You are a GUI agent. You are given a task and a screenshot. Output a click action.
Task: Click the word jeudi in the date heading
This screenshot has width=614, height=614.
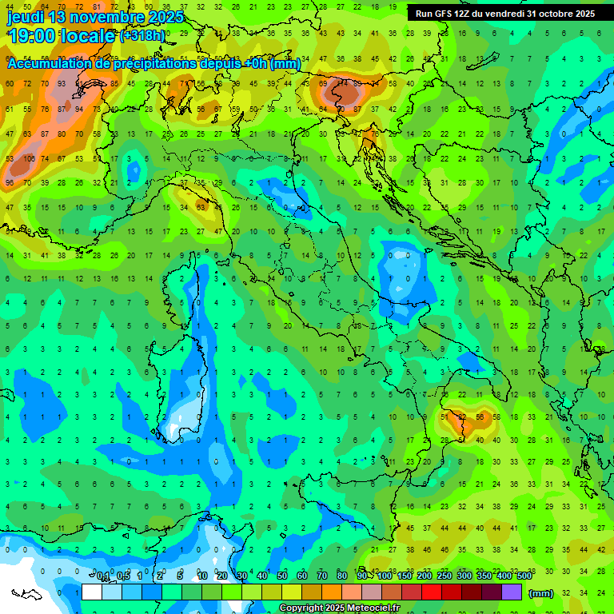(26, 17)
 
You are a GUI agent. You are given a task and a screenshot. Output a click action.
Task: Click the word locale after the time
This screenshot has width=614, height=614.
(90, 35)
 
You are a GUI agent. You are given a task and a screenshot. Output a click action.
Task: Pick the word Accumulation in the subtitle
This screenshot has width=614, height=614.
(49, 64)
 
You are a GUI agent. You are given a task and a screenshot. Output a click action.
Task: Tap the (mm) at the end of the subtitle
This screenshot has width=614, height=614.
(285, 64)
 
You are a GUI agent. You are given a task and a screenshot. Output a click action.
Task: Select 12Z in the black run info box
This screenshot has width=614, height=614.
(466, 14)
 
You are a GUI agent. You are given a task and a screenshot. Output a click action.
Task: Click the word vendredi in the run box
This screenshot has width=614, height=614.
(511, 14)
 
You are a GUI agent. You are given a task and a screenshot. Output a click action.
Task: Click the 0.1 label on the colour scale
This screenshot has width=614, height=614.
(103, 576)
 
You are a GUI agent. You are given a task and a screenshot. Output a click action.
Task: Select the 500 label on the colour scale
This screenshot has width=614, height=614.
(524, 576)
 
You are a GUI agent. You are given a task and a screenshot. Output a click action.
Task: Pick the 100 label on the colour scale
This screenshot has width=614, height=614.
(385, 576)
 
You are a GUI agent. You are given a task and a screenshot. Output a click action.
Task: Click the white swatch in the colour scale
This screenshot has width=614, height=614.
(92, 592)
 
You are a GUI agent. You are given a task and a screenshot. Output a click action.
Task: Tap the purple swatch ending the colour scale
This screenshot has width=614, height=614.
(512, 592)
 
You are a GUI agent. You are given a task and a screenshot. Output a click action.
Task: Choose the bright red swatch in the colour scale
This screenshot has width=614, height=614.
(432, 592)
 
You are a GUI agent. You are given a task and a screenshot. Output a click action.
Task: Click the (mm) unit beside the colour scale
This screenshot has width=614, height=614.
(541, 592)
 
